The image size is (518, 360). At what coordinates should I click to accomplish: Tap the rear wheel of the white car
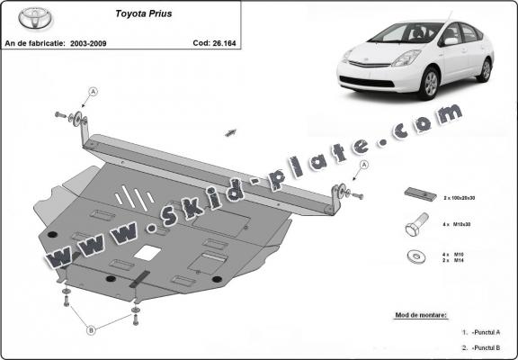pyautogui.click(x=487, y=69)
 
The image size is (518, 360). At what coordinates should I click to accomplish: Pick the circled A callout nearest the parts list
pyautogui.click(x=364, y=165)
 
